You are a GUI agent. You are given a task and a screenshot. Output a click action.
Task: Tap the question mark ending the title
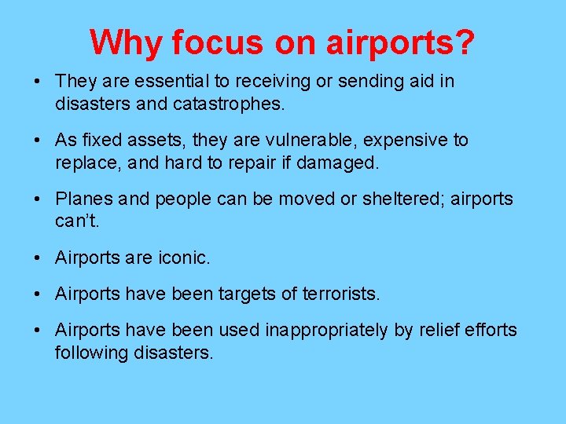(465, 42)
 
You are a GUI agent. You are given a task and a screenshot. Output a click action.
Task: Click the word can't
(76, 221)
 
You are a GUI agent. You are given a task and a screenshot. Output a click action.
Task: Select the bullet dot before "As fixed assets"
(37, 141)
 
